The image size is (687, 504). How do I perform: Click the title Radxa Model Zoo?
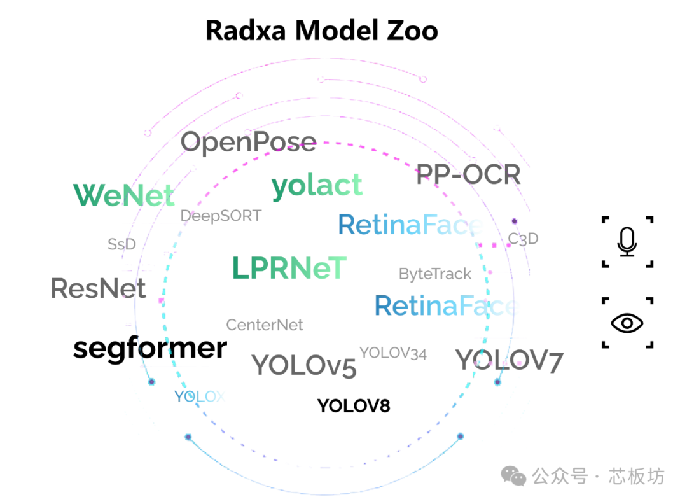tap(322, 31)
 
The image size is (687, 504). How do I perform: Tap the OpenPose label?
tap(248, 142)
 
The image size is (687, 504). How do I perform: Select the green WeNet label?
tap(123, 195)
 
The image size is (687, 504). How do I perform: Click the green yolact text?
tap(317, 185)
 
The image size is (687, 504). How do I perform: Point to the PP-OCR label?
tap(468, 174)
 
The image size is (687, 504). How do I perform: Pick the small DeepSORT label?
tap(221, 216)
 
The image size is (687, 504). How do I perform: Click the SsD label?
tap(121, 244)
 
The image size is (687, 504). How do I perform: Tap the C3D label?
tap(523, 239)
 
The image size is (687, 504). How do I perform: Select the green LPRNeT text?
tap(289, 269)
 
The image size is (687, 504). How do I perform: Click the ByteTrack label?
tap(435, 274)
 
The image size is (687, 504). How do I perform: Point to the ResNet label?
tap(99, 288)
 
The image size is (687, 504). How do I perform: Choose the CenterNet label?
tap(265, 325)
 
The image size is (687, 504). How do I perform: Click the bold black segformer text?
tap(150, 348)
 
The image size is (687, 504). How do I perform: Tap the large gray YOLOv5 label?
tap(303, 365)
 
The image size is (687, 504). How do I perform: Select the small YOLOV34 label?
tap(393, 353)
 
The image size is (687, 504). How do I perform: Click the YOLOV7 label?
tap(509, 361)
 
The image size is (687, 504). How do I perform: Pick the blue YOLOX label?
tap(200, 396)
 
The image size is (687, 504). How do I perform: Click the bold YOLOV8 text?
tap(353, 405)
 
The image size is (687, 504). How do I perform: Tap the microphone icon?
tap(627, 242)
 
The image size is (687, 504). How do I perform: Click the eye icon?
tap(627, 323)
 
